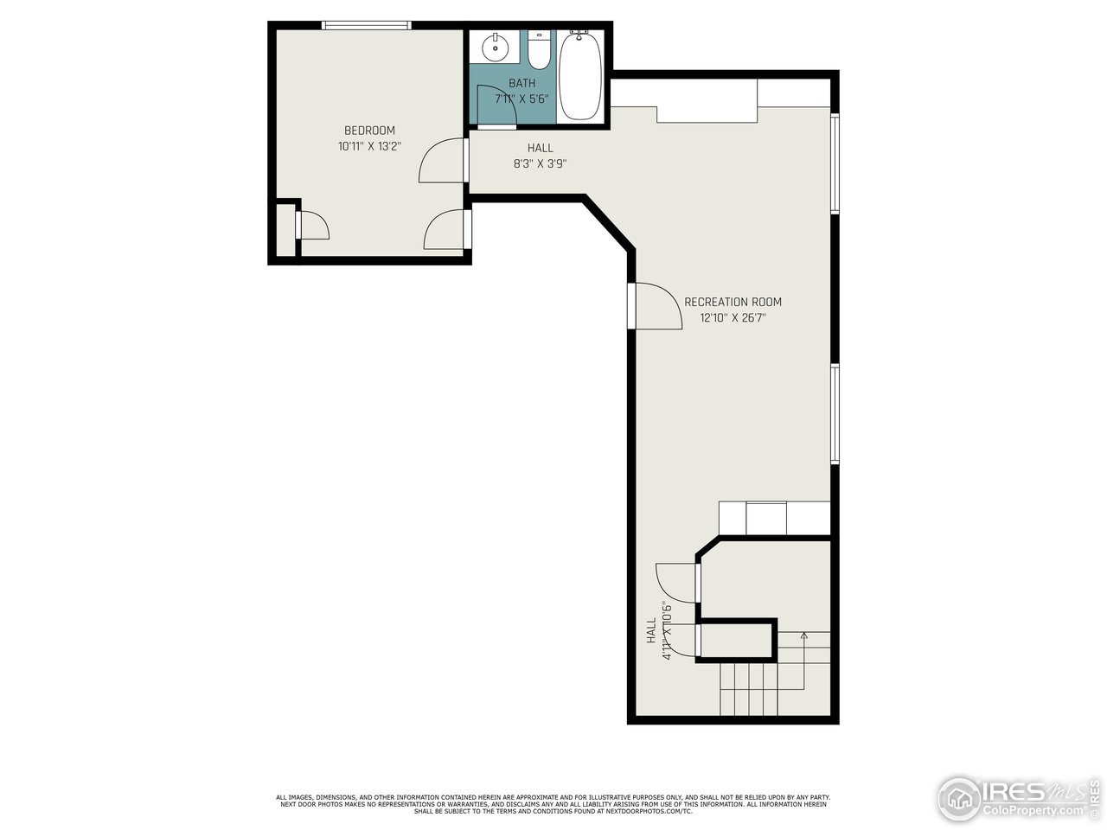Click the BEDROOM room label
[369, 131]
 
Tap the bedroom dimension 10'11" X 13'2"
[369, 146]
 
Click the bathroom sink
[495, 48]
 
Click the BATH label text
[522, 83]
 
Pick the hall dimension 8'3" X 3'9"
[540, 163]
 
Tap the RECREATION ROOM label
[733, 302]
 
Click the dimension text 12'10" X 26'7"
[733, 317]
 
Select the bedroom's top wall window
[366, 25]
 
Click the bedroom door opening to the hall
[443, 161]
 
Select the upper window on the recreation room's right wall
[835, 163]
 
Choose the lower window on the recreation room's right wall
[835, 413]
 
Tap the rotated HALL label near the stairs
[651, 630]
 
